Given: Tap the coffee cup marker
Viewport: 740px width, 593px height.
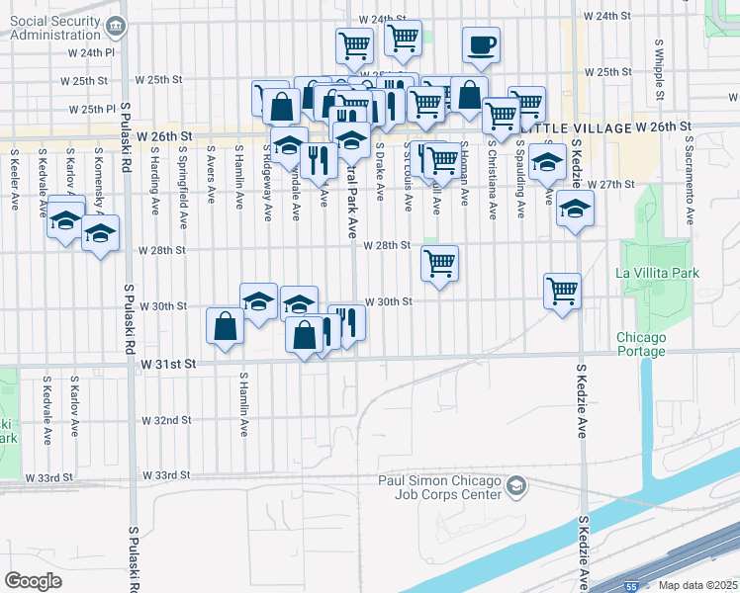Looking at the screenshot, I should pyautogui.click(x=481, y=44).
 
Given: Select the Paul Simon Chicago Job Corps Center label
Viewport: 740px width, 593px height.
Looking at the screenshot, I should pyautogui.click(x=437, y=486).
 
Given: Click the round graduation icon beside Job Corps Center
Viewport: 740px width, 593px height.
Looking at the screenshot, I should pyautogui.click(x=515, y=485).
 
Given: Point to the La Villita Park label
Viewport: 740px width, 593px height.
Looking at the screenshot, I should pyautogui.click(x=657, y=273).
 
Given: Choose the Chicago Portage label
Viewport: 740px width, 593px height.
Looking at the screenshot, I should pyautogui.click(x=641, y=344).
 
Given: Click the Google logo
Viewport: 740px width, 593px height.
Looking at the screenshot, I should pyautogui.click(x=34, y=580).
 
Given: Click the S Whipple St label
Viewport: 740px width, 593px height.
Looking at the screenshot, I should pyautogui.click(x=659, y=70).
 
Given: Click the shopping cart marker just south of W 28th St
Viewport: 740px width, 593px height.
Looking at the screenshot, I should pyautogui.click(x=439, y=264).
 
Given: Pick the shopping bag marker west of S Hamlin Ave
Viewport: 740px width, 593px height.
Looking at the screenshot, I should pyautogui.click(x=225, y=325).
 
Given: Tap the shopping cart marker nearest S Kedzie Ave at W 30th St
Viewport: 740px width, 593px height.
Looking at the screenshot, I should pyautogui.click(x=562, y=292).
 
